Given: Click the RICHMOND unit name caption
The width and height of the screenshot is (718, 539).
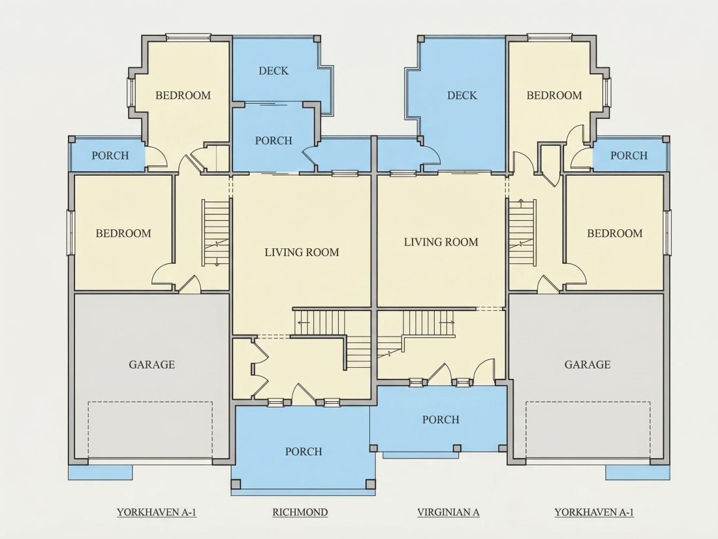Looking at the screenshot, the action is pyautogui.click(x=300, y=512).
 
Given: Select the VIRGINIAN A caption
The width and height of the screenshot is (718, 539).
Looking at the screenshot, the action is pyautogui.click(x=448, y=512).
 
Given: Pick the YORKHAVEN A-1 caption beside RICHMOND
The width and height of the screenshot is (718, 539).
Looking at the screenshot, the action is pyautogui.click(x=157, y=512).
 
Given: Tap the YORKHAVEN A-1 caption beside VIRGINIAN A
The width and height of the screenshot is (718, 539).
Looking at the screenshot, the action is pyautogui.click(x=594, y=512).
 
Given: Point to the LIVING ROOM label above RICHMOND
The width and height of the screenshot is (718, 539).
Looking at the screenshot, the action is pyautogui.click(x=302, y=252).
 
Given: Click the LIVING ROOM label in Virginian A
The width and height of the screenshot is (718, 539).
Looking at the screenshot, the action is pyautogui.click(x=441, y=242).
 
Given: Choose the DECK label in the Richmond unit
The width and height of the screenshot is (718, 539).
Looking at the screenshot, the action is pyautogui.click(x=273, y=71).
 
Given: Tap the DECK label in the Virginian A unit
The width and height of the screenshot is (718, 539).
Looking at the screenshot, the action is pyautogui.click(x=462, y=95).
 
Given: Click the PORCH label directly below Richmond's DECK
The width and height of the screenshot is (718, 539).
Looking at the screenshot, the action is pyautogui.click(x=273, y=140).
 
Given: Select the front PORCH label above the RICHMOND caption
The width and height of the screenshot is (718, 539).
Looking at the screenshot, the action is pyautogui.click(x=304, y=451).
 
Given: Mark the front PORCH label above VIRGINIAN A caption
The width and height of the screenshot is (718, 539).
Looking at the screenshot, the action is pyautogui.click(x=441, y=419).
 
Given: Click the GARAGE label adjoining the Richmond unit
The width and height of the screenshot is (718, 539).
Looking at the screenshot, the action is pyautogui.click(x=151, y=365).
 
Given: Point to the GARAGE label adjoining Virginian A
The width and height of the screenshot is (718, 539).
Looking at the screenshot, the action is pyautogui.click(x=587, y=365).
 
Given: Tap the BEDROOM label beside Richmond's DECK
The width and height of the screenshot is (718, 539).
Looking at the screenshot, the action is pyautogui.click(x=183, y=95).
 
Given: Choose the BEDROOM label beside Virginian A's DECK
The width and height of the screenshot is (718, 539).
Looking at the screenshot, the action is pyautogui.click(x=554, y=95).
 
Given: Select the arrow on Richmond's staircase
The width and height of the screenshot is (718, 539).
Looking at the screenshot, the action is pyautogui.click(x=303, y=322).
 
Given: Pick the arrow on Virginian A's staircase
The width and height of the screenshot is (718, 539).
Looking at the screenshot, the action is pyautogui.click(x=446, y=322).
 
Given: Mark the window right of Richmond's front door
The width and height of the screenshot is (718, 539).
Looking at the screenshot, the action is pyautogui.click(x=332, y=403).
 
